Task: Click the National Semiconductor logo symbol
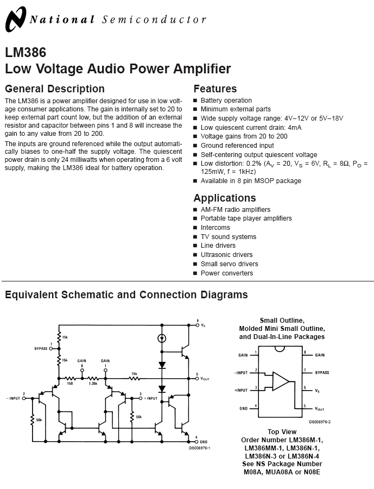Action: pos(15,20)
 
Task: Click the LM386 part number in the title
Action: pos(26,53)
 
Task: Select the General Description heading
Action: pos(54,89)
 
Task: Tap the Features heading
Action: pos(215,89)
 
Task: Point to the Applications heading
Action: pos(224,198)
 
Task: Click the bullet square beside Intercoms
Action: pos(195,228)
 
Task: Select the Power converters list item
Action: pos(226,273)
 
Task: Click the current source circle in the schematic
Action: pos(161,338)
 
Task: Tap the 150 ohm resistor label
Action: pos(69,383)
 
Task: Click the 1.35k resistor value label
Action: pos(93,383)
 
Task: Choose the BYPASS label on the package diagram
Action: pos(322,373)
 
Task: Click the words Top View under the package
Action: pos(281,432)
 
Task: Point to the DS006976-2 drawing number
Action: pos(320,422)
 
